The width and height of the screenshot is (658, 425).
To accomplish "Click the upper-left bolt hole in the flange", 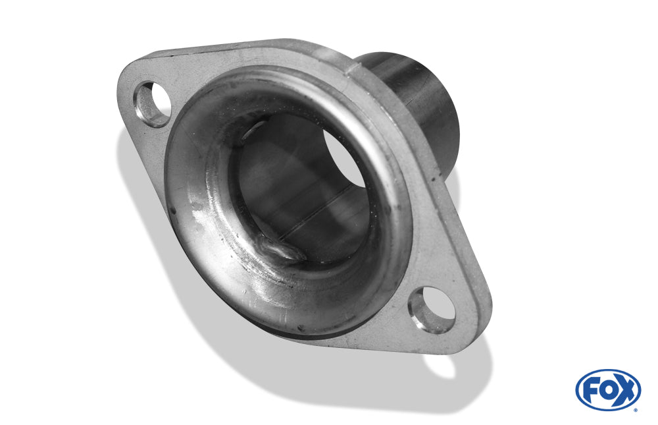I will pyautogui.click(x=152, y=103).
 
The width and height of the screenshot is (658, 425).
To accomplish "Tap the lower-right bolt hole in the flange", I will pyautogui.click(x=432, y=309).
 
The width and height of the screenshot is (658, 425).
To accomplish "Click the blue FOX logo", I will pyautogui.click(x=607, y=389).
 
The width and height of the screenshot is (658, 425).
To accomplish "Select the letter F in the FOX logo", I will pyautogui.click(x=591, y=390).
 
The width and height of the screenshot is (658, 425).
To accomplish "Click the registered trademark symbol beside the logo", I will pyautogui.click(x=636, y=410).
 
